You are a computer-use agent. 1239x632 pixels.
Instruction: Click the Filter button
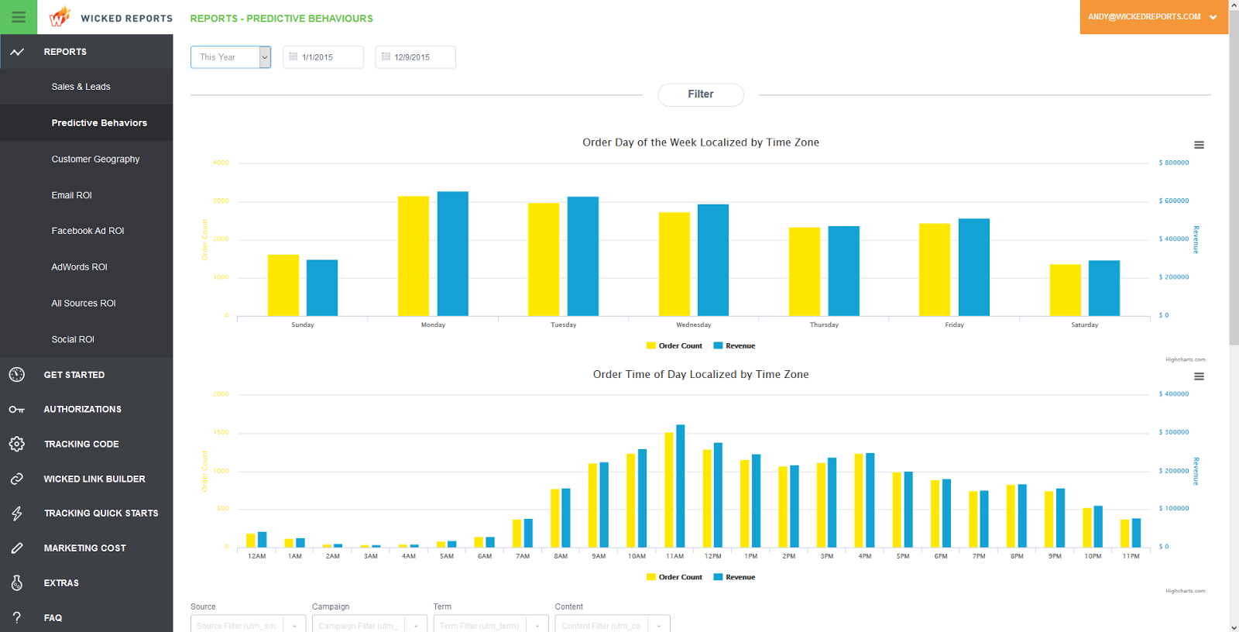pyautogui.click(x=700, y=94)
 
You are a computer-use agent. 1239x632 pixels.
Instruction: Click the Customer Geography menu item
pyautogui.click(x=95, y=159)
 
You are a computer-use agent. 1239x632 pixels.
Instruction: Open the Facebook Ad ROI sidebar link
pyautogui.click(x=88, y=231)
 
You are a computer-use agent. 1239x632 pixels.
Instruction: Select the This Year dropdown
pyautogui.click(x=230, y=57)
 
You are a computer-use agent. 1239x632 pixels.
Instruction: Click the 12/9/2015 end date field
pyautogui.click(x=415, y=57)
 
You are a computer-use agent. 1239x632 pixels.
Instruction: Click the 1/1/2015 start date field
pyautogui.click(x=322, y=57)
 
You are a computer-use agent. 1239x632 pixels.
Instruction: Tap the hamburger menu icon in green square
pyautogui.click(x=19, y=17)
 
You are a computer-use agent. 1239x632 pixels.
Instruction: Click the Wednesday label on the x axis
pyautogui.click(x=693, y=325)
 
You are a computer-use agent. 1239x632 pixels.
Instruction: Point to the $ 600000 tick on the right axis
pyautogui.click(x=1174, y=201)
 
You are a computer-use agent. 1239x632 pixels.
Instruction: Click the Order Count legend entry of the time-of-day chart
pyautogui.click(x=674, y=577)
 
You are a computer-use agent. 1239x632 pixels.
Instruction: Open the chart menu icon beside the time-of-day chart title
pyautogui.click(x=1199, y=376)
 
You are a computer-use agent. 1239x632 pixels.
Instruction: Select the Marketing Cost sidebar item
pyautogui.click(x=84, y=548)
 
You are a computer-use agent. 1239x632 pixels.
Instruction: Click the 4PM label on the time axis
pyautogui.click(x=865, y=556)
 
